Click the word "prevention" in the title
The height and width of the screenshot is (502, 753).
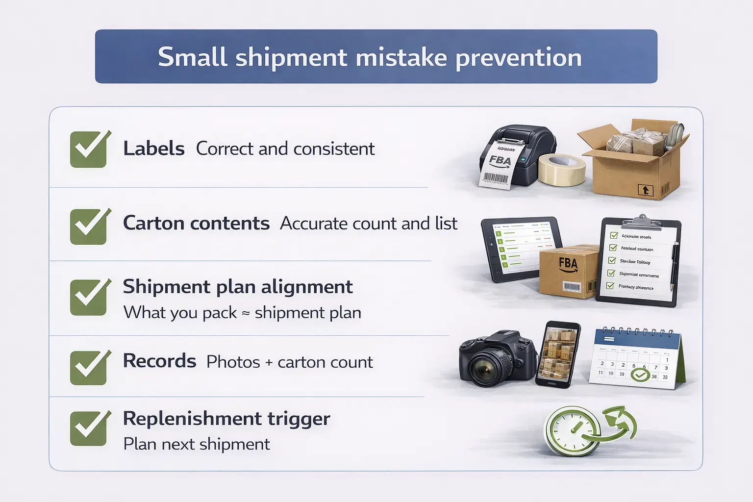point(519,58)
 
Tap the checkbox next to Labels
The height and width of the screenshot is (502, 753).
point(89,150)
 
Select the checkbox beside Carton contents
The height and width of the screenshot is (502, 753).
point(89,226)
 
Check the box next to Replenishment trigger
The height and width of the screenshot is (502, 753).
point(89,428)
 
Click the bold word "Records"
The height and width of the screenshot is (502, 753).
point(159,361)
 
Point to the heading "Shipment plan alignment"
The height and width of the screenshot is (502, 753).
point(238,287)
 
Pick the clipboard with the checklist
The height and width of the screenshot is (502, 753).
point(638,262)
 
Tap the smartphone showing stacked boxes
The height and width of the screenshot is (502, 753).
point(558,354)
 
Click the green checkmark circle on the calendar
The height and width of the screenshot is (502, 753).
point(639,376)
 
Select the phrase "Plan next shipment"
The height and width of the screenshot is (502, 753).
point(197,444)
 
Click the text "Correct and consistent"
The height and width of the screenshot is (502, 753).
point(285,149)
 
